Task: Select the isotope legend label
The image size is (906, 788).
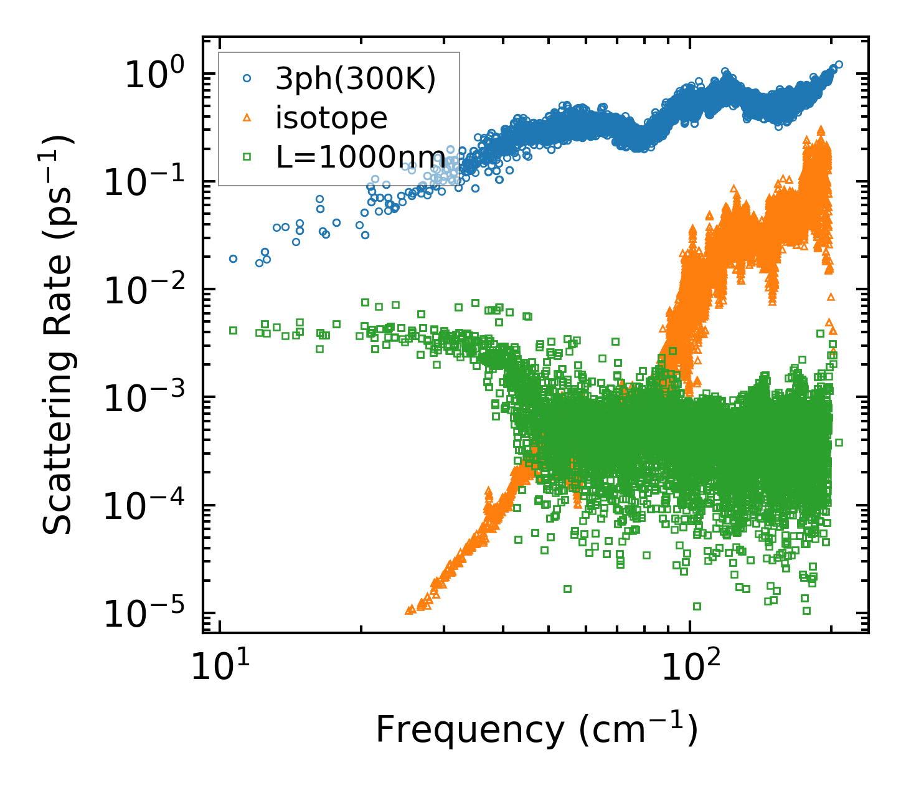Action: click(332, 118)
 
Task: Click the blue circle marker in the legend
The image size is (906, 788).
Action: click(247, 78)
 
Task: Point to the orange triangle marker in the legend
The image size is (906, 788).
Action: click(247, 117)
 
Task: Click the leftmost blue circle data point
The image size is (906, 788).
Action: click(233, 259)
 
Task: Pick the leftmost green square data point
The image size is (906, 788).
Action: click(233, 330)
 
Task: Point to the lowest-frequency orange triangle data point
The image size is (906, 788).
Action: click(408, 611)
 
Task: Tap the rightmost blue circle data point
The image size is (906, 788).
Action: click(839, 64)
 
